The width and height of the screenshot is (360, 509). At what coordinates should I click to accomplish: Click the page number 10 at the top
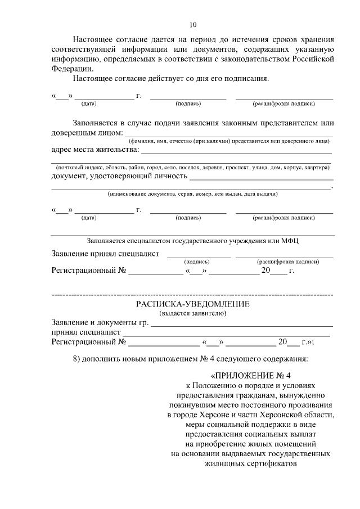(x=193, y=24)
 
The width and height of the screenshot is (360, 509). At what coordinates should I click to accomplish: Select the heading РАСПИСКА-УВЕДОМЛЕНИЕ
(x=193, y=304)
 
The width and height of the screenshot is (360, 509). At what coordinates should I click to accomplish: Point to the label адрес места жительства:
(x=94, y=150)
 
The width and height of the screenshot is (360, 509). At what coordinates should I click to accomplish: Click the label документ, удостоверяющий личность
(x=119, y=175)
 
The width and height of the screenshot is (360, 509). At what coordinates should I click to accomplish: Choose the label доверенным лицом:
(x=87, y=133)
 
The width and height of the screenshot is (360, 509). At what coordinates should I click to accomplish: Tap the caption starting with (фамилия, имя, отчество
(x=229, y=141)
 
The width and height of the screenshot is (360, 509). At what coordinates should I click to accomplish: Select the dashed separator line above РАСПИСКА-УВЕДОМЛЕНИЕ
(x=192, y=295)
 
